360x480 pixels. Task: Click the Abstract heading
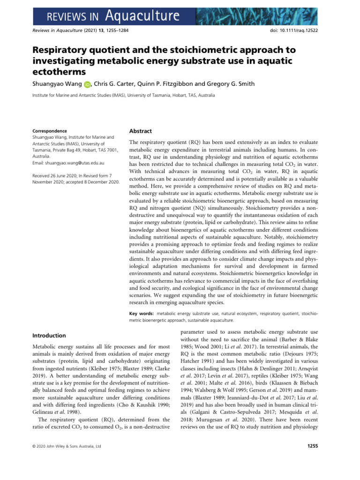140,131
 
